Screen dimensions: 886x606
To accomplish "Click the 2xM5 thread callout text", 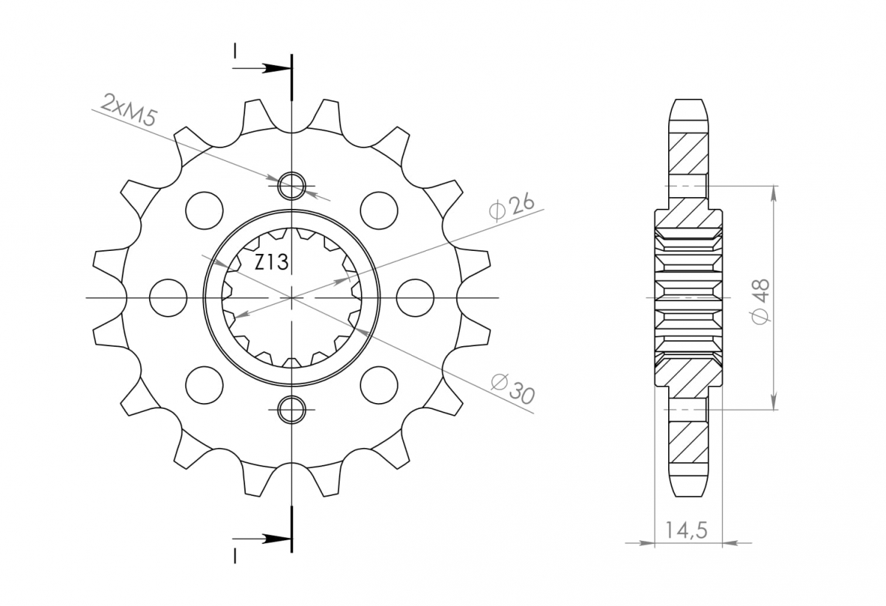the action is click(x=129, y=110).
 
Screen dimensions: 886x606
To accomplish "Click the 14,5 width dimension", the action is click(x=686, y=530).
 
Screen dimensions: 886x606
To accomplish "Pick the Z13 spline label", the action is click(x=272, y=262).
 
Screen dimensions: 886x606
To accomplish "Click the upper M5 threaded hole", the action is click(x=292, y=185).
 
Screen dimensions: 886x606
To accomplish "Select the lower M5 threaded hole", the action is click(x=292, y=409).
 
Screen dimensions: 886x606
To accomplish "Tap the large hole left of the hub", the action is click(x=168, y=297).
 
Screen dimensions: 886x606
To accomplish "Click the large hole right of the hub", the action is click(x=415, y=297).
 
